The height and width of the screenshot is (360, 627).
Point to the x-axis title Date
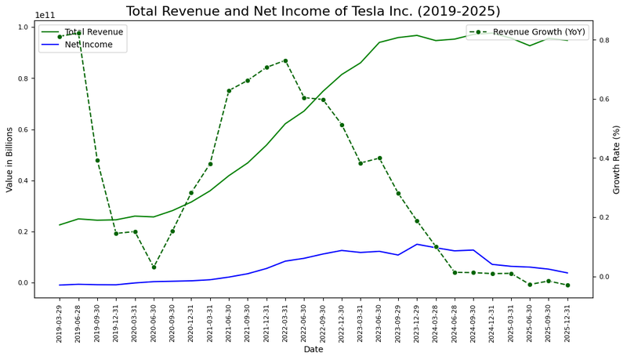click(x=313, y=349)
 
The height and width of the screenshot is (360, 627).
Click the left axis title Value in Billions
click(x=10, y=159)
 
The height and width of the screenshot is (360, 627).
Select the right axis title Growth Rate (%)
click(x=617, y=159)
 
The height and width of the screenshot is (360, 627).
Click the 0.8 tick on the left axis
click(x=23, y=78)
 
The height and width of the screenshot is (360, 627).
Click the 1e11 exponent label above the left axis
click(x=45, y=15)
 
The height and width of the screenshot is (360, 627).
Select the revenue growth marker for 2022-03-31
click(x=285, y=60)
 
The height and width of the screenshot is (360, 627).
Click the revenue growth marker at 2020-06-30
click(x=154, y=267)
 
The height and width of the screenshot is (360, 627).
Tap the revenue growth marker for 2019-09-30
click(x=97, y=160)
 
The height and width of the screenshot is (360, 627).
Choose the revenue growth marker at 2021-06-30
click(x=229, y=91)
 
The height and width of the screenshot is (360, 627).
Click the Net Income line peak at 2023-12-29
click(x=417, y=244)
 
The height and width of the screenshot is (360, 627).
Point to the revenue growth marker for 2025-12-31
click(x=567, y=285)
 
